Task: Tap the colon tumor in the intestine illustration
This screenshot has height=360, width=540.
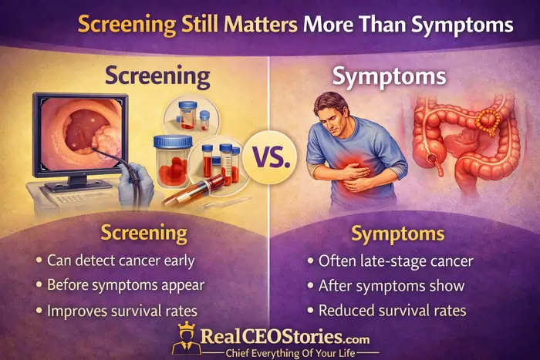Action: (489, 117)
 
